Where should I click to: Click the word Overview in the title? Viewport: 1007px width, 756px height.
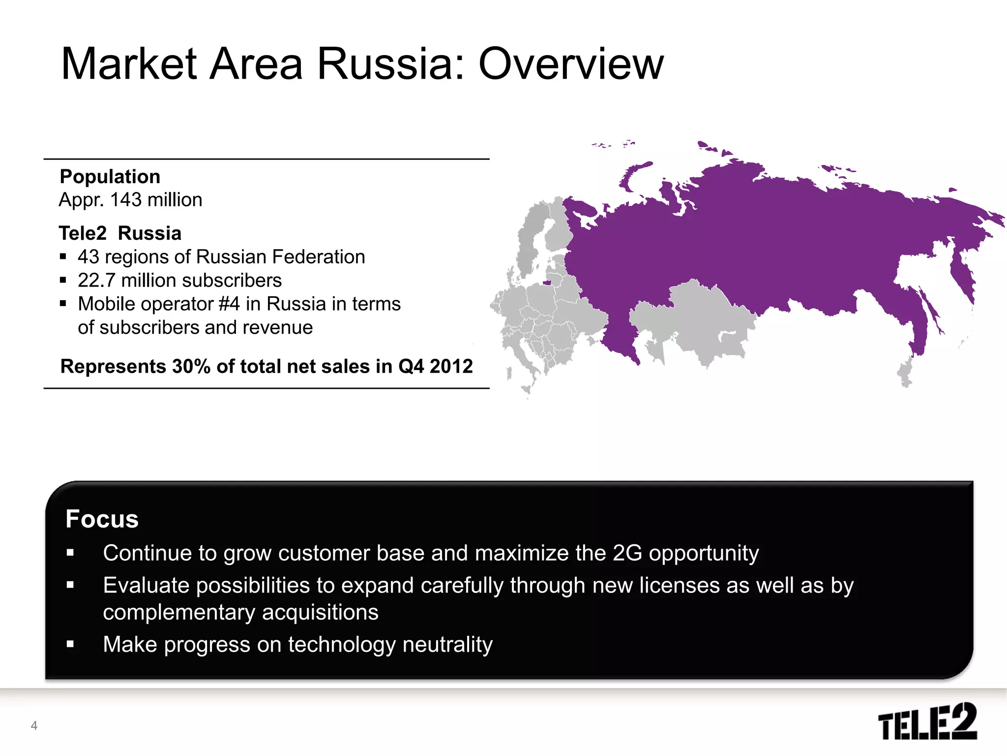click(571, 64)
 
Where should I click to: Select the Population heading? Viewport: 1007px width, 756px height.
click(110, 177)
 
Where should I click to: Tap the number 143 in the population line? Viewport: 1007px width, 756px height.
click(126, 200)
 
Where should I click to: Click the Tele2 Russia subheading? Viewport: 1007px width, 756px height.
click(120, 233)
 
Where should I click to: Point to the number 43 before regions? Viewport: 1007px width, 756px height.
click(89, 257)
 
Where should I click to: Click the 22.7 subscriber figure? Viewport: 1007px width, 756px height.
click(96, 281)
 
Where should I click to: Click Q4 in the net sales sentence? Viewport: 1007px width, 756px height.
click(411, 367)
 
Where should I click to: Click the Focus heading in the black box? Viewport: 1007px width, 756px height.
click(102, 519)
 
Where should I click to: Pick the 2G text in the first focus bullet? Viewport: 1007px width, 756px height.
click(627, 553)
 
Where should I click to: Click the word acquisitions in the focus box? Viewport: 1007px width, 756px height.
click(320, 613)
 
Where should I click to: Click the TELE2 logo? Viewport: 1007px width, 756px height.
click(927, 722)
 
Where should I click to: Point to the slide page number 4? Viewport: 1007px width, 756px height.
click(34, 725)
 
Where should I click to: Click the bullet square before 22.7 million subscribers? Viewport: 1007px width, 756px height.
click(63, 281)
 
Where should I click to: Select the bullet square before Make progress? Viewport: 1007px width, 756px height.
click(70, 644)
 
